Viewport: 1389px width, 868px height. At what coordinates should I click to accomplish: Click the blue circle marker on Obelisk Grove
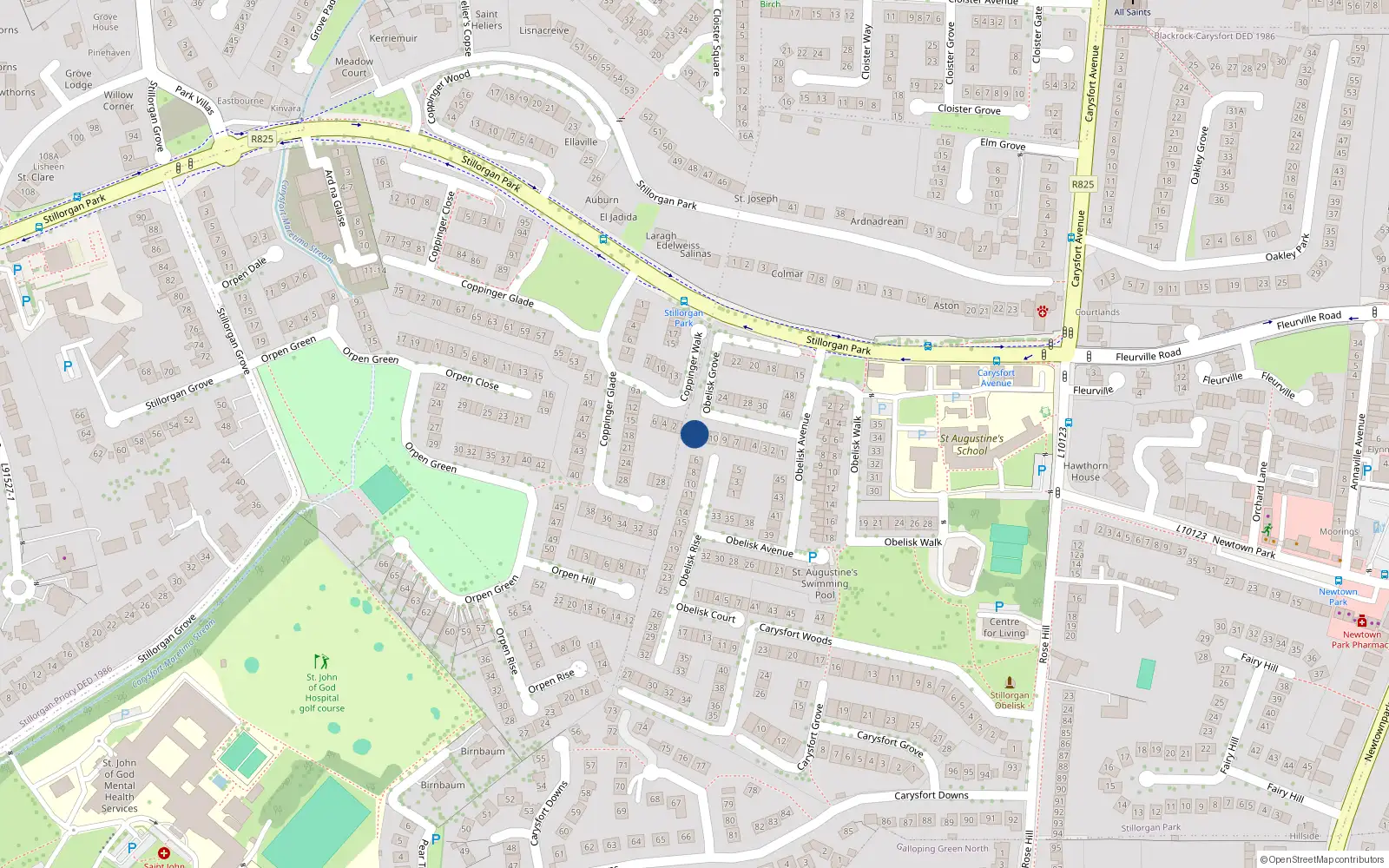(694, 434)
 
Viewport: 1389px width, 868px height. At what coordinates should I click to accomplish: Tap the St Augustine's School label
(971, 444)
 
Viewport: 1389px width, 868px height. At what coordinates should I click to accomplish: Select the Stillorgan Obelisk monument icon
(1010, 683)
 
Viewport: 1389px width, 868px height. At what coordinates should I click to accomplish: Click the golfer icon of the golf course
(322, 662)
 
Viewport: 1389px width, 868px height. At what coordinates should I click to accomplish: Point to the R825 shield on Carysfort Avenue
(1083, 184)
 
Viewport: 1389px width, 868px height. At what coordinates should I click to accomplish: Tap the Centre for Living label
(1004, 628)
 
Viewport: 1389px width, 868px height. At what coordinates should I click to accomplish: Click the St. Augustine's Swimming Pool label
(825, 583)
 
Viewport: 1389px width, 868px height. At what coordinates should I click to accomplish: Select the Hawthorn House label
(1085, 471)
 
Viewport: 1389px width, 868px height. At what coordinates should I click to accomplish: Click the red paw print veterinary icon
(1042, 311)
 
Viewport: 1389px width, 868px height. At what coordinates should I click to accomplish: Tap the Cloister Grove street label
(969, 109)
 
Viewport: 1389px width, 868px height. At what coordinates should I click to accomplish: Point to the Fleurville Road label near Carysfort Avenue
(1148, 356)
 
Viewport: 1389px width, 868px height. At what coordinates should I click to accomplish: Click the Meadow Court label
(354, 67)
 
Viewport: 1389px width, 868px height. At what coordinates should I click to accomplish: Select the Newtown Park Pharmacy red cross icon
(1361, 621)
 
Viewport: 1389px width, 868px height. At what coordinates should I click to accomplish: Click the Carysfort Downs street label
(931, 795)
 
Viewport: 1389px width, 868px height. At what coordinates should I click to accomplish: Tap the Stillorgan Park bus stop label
(684, 318)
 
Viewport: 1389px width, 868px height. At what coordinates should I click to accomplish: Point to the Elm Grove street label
(1003, 144)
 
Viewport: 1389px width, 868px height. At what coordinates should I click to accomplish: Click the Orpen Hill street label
(573, 575)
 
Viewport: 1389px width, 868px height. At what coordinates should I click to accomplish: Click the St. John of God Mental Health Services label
(120, 786)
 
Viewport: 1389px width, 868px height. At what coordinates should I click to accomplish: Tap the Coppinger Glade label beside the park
(497, 293)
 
